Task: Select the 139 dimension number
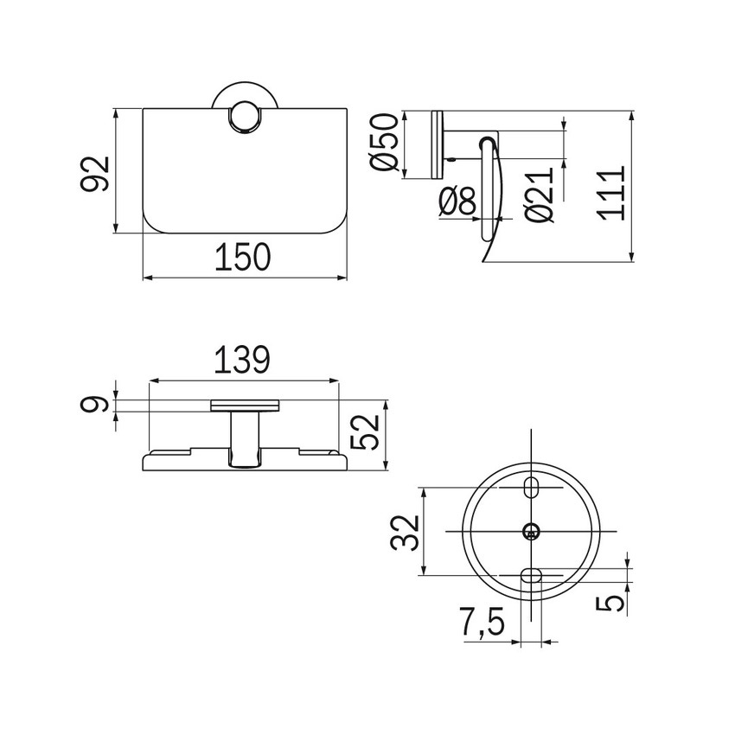pos(243,359)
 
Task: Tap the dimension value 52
pos(367,432)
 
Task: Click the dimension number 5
pos(613,600)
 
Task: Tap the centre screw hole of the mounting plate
pos(531,531)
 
